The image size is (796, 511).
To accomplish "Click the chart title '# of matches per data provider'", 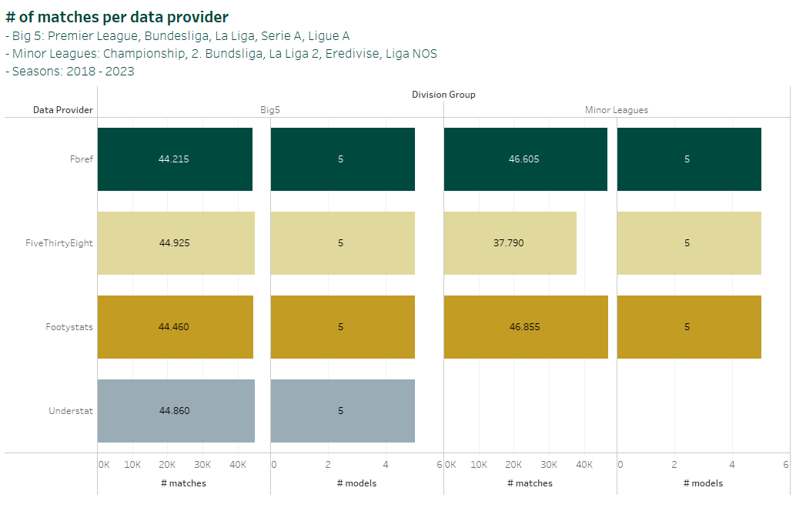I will coord(117,16).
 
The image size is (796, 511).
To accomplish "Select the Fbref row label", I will coord(81,159).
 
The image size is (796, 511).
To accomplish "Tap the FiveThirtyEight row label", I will coord(59,243).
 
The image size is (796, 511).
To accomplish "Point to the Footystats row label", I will coord(69,327).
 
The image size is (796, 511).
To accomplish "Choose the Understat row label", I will coord(70,411).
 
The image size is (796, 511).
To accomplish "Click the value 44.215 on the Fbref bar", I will coord(174,159).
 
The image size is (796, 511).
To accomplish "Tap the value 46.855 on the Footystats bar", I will coord(524,327).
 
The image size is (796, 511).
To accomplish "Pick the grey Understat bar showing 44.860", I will coord(176,411).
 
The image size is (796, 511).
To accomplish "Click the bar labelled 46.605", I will coord(524,159).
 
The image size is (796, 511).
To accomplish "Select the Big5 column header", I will coord(270,110).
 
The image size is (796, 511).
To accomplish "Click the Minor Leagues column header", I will coord(617,110).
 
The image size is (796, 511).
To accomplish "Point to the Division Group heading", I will coord(443,95).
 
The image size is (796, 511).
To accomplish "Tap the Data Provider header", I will coord(63,110).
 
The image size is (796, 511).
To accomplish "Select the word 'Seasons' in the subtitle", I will coord(37,71).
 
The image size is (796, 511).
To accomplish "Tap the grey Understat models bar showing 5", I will coord(342,411).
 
